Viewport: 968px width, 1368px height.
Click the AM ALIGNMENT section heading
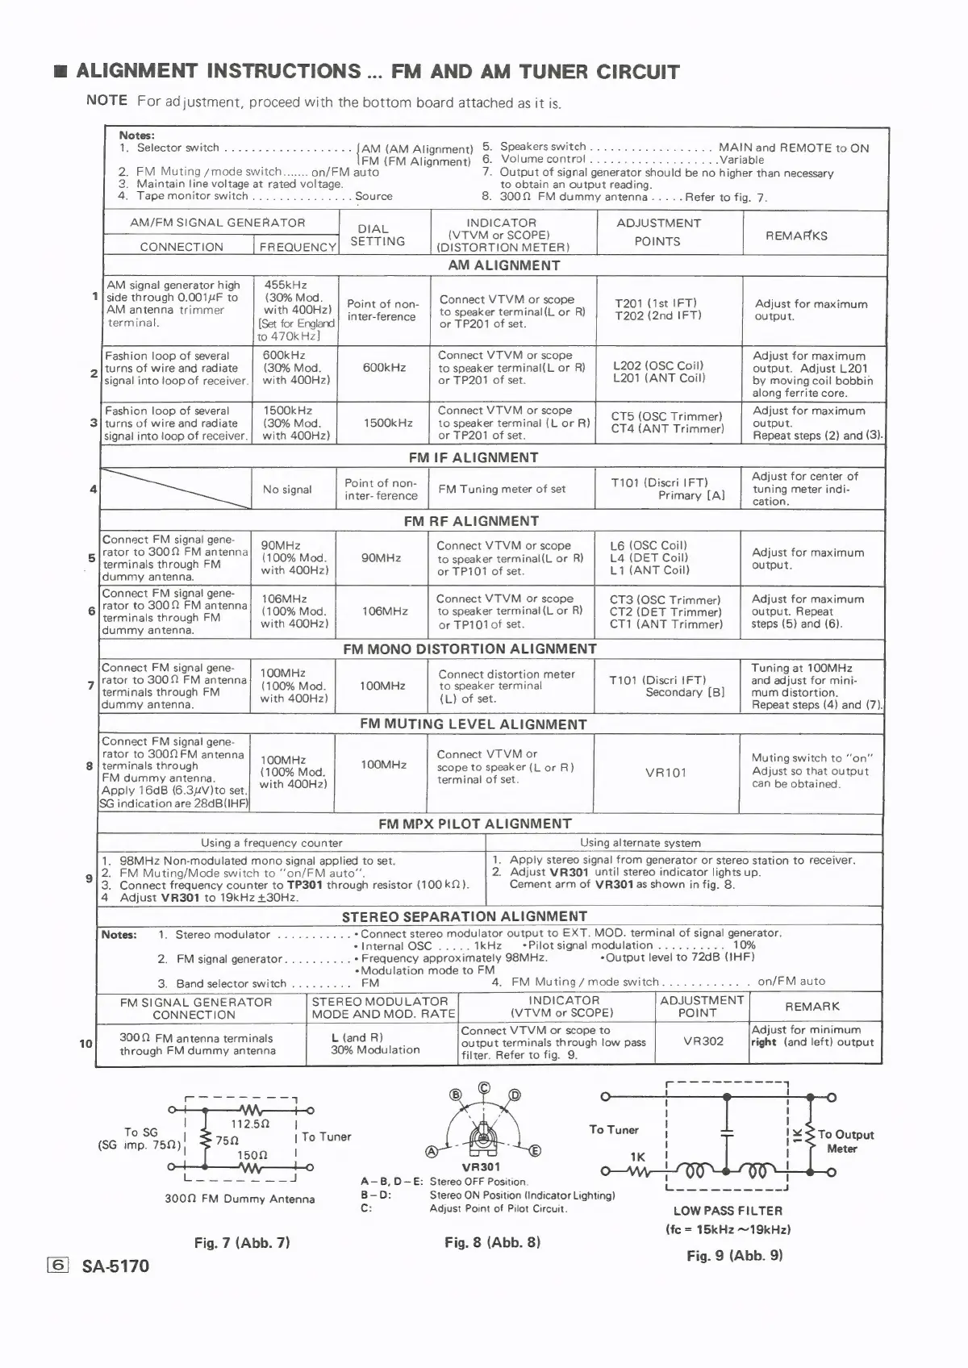(x=503, y=265)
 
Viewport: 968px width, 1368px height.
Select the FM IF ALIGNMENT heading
(x=473, y=457)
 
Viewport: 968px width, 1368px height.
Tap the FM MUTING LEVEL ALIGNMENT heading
(x=473, y=724)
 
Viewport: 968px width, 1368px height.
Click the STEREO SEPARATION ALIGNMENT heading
(x=464, y=916)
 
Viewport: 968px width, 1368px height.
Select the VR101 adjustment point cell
(x=665, y=772)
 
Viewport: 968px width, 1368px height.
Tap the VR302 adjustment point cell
(x=703, y=1041)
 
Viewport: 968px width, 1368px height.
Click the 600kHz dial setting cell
(x=384, y=367)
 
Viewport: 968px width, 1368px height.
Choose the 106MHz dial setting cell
(x=385, y=611)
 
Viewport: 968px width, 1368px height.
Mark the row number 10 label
(x=86, y=1043)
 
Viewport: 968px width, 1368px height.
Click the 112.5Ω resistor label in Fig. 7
(x=250, y=1124)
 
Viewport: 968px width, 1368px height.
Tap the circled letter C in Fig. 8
(x=484, y=1087)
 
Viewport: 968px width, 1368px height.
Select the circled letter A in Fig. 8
(x=432, y=1151)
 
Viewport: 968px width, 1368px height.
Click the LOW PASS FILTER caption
(x=728, y=1210)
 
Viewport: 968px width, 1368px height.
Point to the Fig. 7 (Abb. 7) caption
(x=242, y=1242)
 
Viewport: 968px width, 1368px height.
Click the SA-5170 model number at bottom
(x=115, y=1266)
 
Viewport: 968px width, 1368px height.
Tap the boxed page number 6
(x=59, y=1265)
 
